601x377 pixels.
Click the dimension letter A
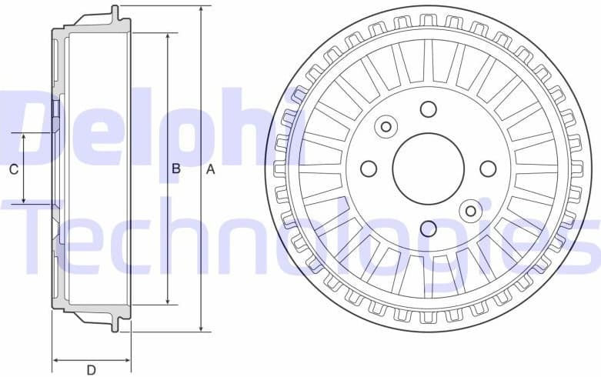[x=209, y=169]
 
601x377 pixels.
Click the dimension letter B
[x=175, y=169]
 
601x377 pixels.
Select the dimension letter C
[x=13, y=169]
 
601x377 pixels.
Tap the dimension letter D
[x=91, y=370]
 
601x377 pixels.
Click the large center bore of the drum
[x=429, y=168]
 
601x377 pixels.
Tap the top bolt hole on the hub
[x=429, y=108]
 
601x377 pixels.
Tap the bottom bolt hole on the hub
[x=429, y=229]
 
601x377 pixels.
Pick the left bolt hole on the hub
[x=369, y=168]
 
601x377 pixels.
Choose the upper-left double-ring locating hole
[x=386, y=126]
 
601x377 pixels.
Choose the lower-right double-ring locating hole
[x=471, y=211]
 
